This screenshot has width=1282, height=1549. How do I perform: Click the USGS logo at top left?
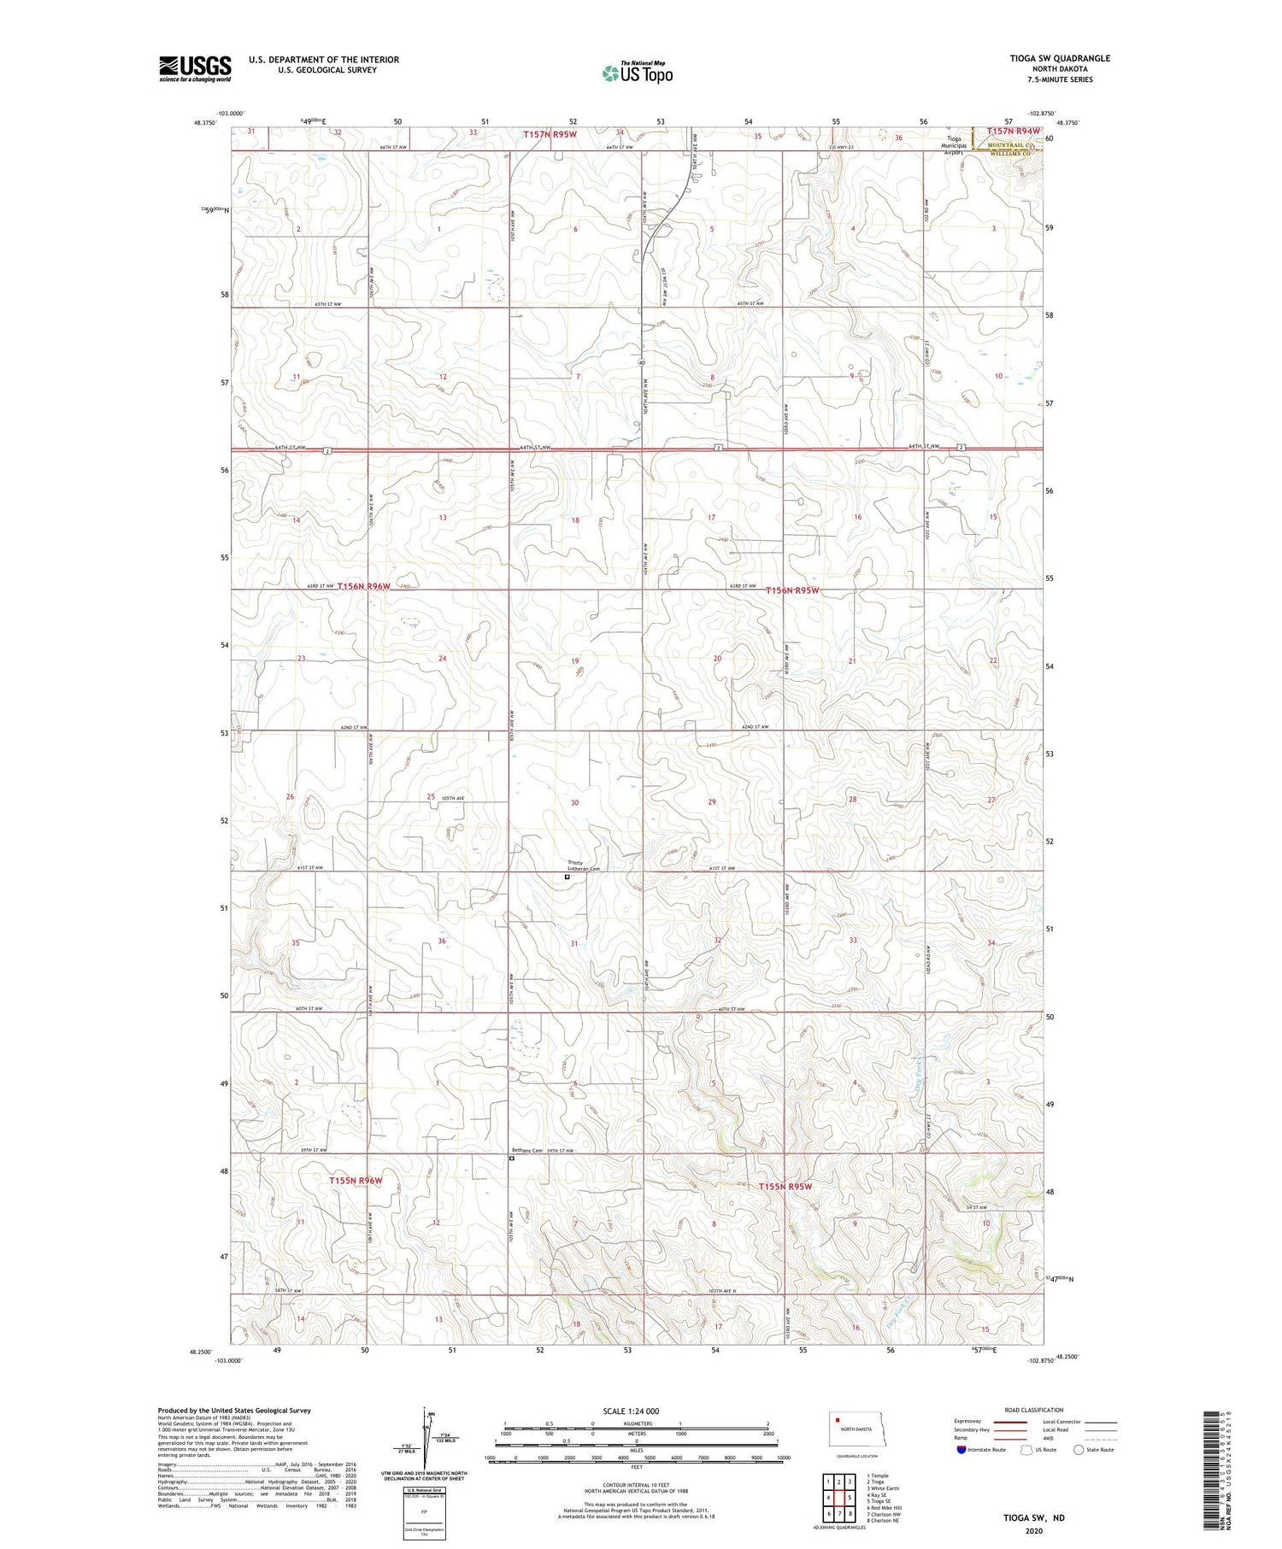195,68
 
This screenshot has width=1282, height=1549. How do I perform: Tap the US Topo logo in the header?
638,73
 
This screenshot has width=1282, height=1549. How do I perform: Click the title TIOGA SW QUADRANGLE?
1059,58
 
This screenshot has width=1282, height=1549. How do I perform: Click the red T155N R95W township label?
784,1187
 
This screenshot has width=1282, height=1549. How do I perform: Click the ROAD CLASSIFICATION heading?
1034,1410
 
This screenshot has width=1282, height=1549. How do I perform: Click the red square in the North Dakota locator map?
838,1422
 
